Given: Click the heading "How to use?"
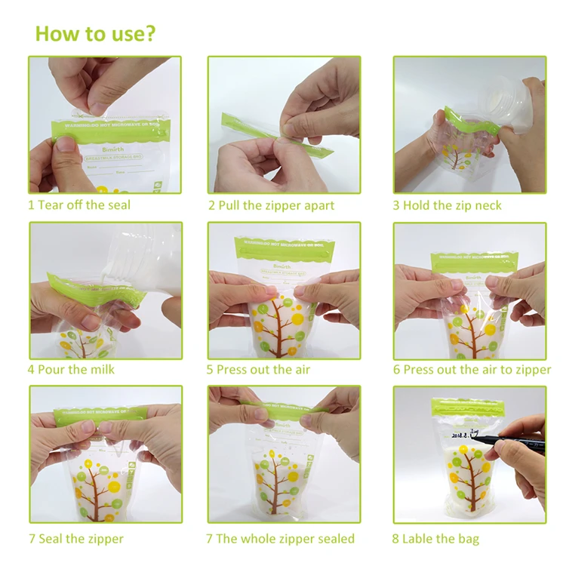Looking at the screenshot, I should coord(95,33).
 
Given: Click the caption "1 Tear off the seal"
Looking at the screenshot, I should coord(79,205).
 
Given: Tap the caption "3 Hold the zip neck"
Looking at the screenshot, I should coord(446,205).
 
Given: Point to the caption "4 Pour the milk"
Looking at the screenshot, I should coord(71,369).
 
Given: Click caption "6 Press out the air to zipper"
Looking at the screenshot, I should coord(472,369).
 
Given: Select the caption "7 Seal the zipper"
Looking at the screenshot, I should coord(75,538).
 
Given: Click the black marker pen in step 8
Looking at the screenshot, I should coord(521,442).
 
